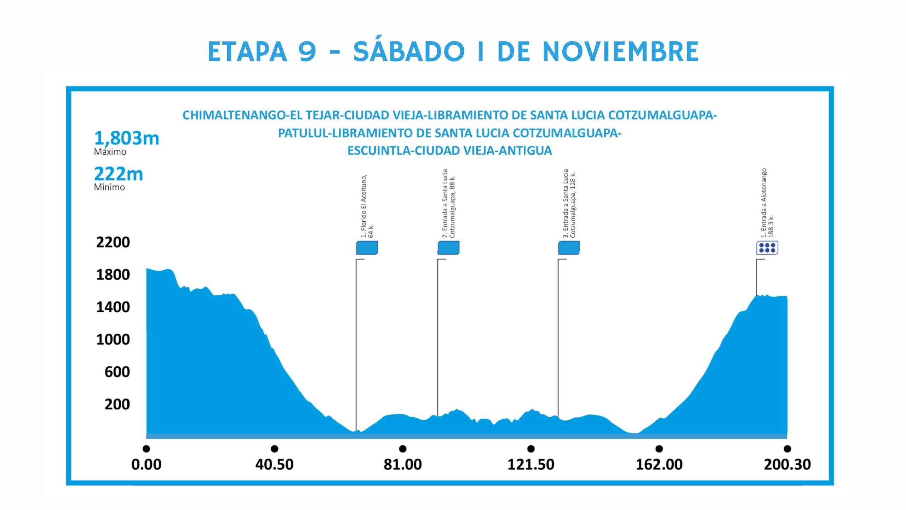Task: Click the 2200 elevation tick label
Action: coord(113,243)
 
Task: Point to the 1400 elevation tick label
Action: coord(113,307)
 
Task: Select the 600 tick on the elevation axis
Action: coord(117,372)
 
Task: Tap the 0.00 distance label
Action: coord(146,464)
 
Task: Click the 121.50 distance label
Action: coord(531,464)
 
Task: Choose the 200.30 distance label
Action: coord(787,464)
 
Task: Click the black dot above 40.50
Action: coord(274,449)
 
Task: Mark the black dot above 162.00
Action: coord(659,449)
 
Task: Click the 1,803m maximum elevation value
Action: coord(127,138)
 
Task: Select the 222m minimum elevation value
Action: coord(119,174)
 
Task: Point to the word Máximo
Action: coord(110,152)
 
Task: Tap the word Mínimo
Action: coord(109,187)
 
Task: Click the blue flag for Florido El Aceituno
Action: coord(367,248)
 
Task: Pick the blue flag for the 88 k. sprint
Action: coord(448,248)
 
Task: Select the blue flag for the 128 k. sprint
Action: coord(569,248)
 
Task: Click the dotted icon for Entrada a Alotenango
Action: coord(767,248)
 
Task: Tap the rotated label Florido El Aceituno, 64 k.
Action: coord(367,206)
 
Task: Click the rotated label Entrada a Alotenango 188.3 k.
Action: coord(767,203)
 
